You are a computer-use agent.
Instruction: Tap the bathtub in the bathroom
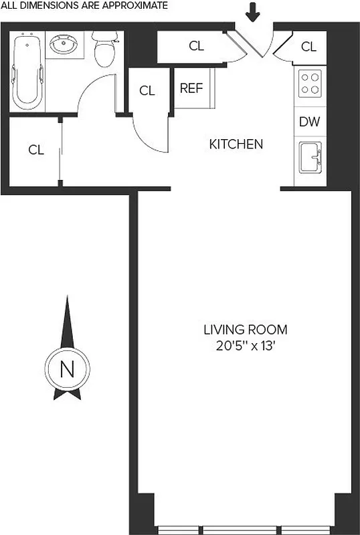(x=27, y=70)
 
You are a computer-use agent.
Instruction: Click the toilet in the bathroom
(x=105, y=51)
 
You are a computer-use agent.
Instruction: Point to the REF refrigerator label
(x=191, y=89)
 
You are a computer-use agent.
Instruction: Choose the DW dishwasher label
(x=308, y=122)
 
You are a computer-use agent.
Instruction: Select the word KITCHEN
(x=236, y=144)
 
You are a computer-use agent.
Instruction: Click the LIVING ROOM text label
(x=246, y=330)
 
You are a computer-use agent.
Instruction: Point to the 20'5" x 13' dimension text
(x=246, y=346)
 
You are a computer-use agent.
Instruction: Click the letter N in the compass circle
(x=67, y=369)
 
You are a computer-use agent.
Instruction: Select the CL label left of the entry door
(x=196, y=46)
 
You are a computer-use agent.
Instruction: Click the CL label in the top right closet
(x=308, y=46)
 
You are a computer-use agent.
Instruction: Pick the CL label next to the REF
(x=147, y=91)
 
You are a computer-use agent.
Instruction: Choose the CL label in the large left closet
(x=35, y=150)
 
